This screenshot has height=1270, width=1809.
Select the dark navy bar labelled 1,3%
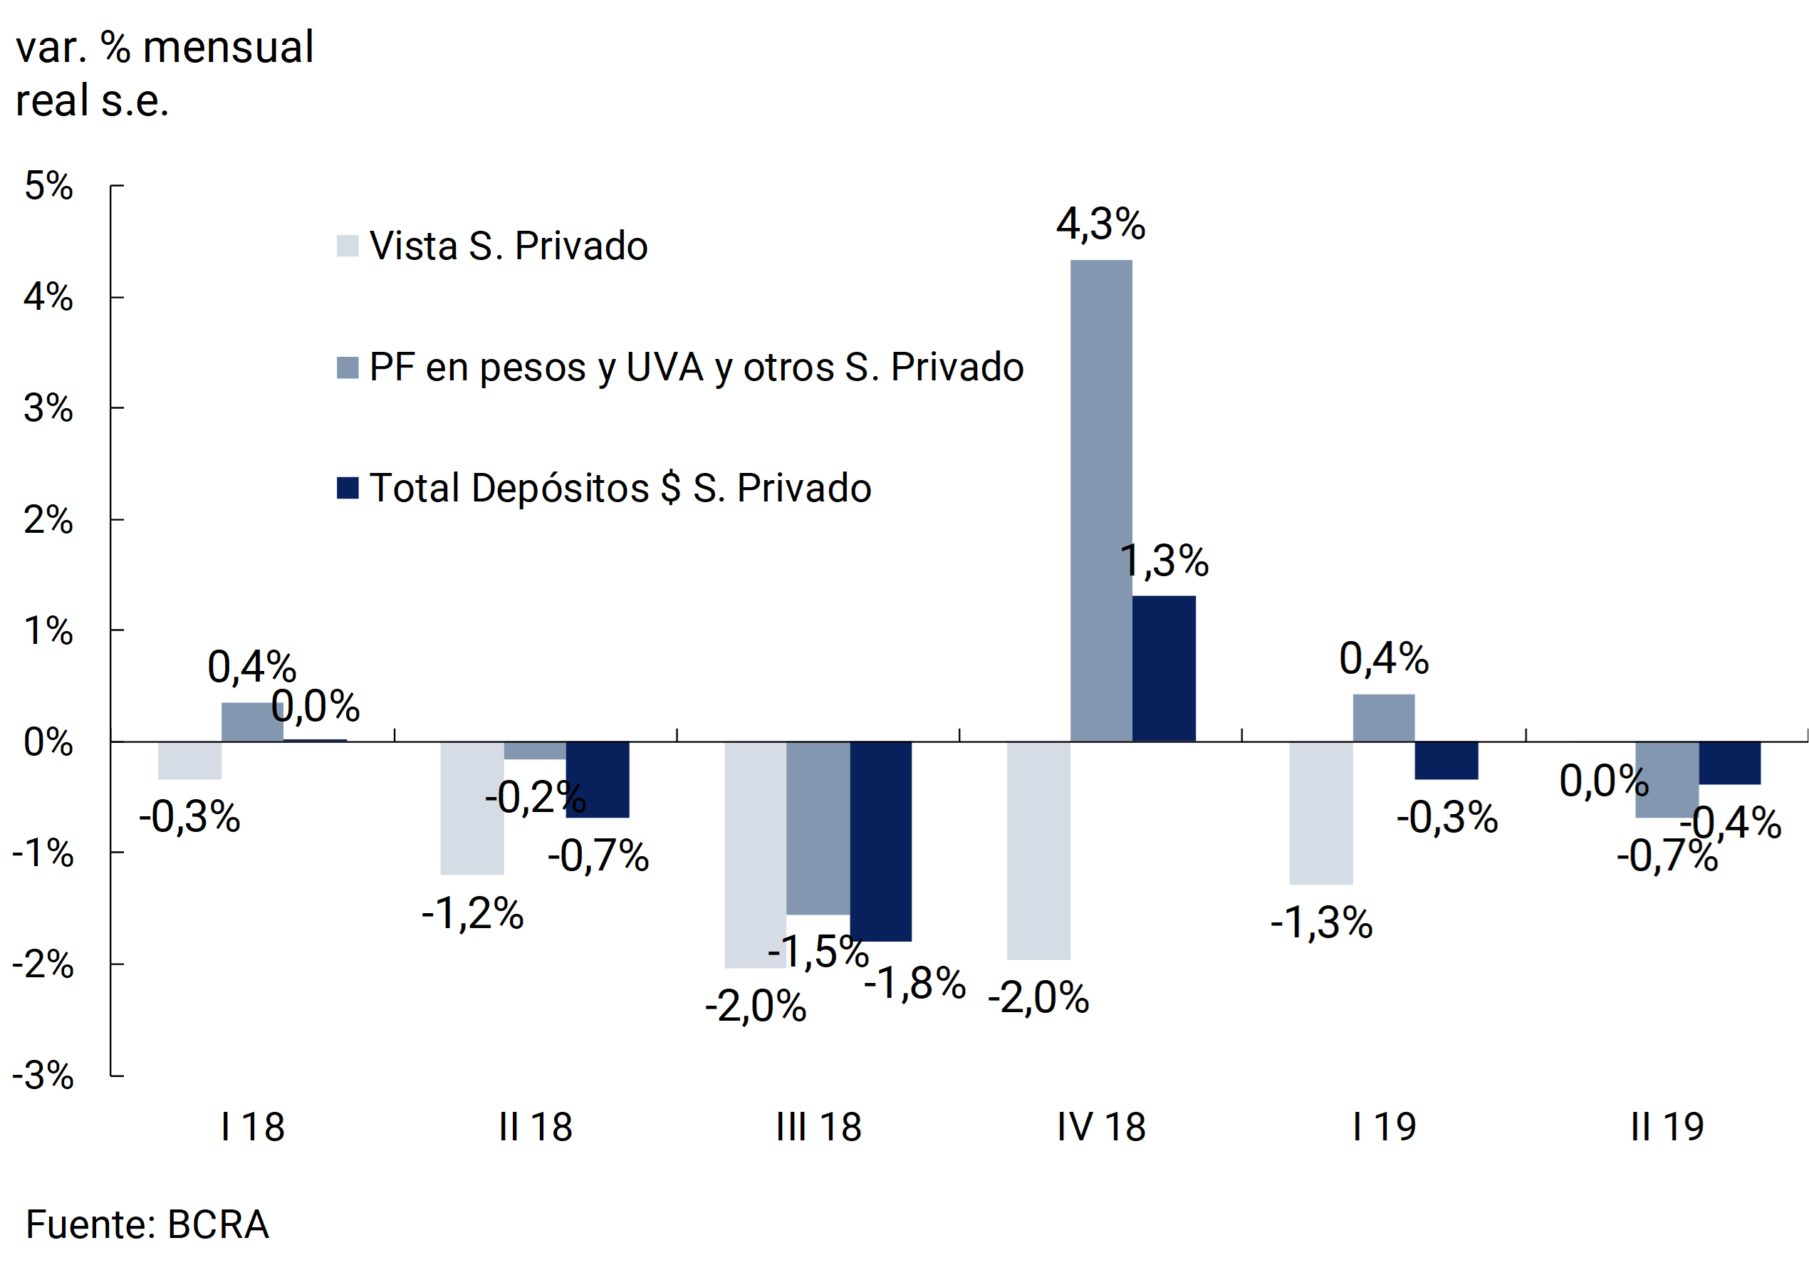point(1164,668)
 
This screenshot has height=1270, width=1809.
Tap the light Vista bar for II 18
point(472,808)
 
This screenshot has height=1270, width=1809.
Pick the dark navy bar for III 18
point(881,840)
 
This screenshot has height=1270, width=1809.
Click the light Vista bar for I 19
point(1320,812)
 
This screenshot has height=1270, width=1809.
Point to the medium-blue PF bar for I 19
point(1384,718)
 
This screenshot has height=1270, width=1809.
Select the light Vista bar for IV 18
point(1038,850)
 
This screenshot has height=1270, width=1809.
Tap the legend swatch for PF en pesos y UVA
point(348,367)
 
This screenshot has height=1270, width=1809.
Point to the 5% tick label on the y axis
point(49,186)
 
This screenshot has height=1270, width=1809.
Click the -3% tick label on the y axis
point(43,1076)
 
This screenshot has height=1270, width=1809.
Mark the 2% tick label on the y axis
point(49,520)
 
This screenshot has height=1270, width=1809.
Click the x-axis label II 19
point(1667,1127)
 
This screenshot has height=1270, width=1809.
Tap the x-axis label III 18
point(818,1127)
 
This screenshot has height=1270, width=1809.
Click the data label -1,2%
point(473,914)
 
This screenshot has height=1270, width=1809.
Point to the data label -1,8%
point(914,983)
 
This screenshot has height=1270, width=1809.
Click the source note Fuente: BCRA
point(147,1224)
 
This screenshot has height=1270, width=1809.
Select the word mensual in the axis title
point(229,47)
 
